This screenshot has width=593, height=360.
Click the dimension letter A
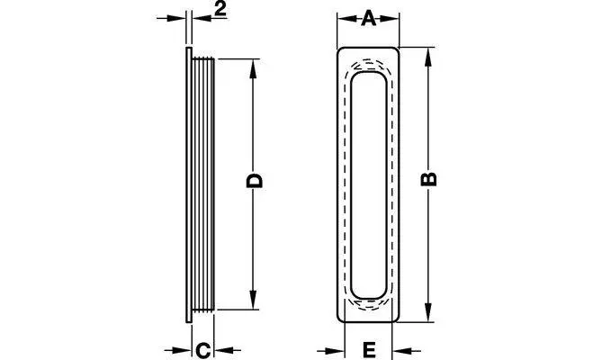(x=368, y=19)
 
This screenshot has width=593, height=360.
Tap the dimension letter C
(x=203, y=350)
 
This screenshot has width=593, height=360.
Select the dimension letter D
(x=254, y=181)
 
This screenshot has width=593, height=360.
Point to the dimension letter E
(x=369, y=350)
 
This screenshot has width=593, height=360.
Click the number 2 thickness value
(x=220, y=10)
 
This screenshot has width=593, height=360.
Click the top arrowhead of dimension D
(x=254, y=68)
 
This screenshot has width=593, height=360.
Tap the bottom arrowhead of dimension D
(x=254, y=300)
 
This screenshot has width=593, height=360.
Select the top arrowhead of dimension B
(x=428, y=58)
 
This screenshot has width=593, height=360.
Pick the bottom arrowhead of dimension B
(x=428, y=312)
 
